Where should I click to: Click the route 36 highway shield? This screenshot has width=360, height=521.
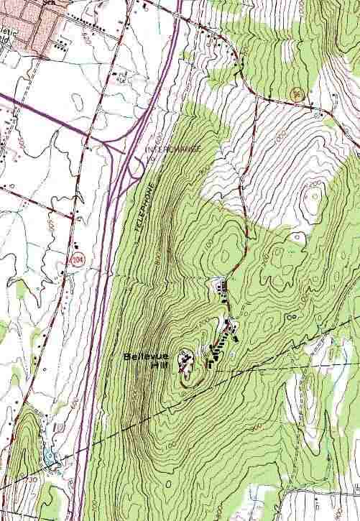point(296,93)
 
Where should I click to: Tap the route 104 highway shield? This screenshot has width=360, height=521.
point(75,257)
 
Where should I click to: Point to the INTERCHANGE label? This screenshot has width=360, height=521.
point(174,149)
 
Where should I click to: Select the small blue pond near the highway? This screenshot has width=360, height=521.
point(49,457)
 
